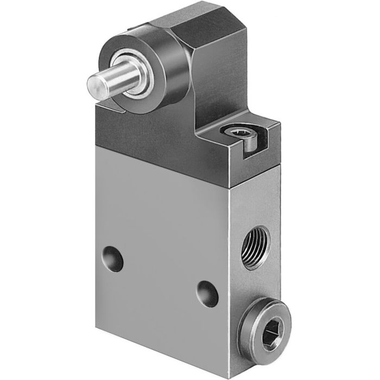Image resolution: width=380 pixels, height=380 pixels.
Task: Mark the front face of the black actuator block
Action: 157,136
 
